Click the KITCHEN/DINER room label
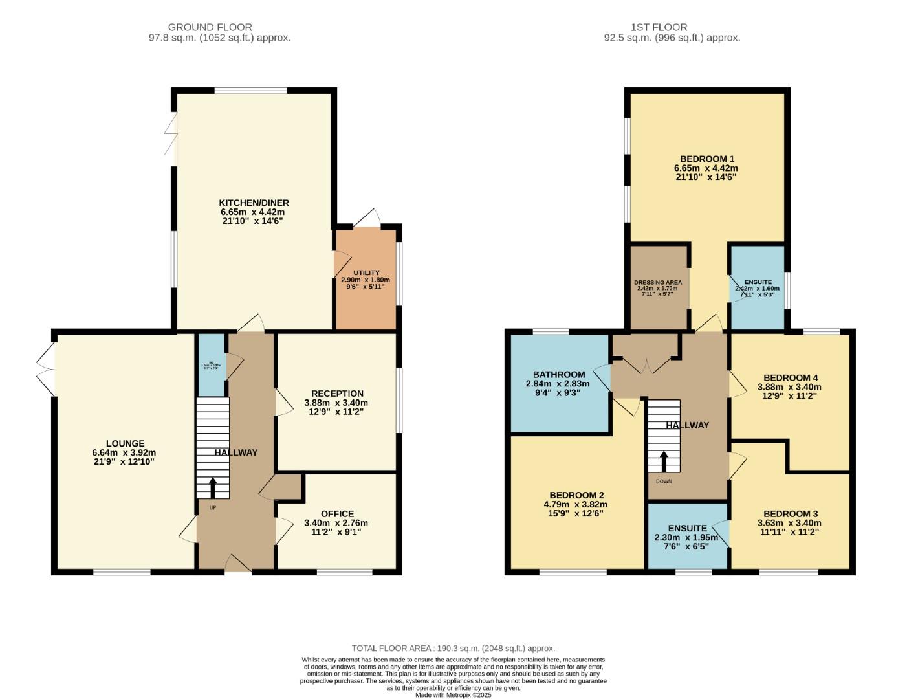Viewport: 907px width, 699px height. tap(253, 203)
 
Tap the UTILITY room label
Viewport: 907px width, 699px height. tap(366, 273)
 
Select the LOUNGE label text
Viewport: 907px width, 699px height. tap(126, 444)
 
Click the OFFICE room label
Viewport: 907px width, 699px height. tap(336, 515)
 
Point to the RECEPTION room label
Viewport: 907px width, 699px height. tap(337, 394)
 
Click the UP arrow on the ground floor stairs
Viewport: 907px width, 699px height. tap(213, 488)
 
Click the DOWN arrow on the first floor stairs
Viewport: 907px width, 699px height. tap(664, 461)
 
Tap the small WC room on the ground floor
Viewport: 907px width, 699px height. tap(211, 364)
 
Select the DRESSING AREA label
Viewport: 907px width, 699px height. tap(657, 283)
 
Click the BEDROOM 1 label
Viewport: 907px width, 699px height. tap(706, 159)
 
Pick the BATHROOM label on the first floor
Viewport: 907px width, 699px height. tap(559, 375)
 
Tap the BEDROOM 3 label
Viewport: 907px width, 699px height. tap(790, 515)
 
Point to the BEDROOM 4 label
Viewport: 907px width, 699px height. tap(790, 378)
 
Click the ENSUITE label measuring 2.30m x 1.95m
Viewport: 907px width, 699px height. tap(687, 529)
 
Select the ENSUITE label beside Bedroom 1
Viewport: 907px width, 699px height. tap(758, 283)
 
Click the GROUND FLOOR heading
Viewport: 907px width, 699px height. tap(210, 27)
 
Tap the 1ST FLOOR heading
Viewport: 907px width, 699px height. tap(659, 27)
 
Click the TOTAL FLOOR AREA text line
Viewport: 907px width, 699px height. tap(453, 648)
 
